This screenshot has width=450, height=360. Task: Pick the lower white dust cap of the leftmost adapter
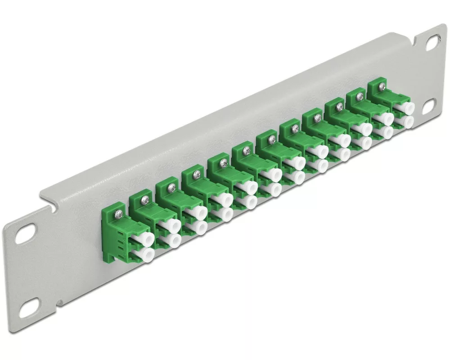(x=146, y=256)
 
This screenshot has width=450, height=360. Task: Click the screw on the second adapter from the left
(x=145, y=198)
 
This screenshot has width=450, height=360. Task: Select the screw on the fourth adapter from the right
(x=317, y=117)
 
